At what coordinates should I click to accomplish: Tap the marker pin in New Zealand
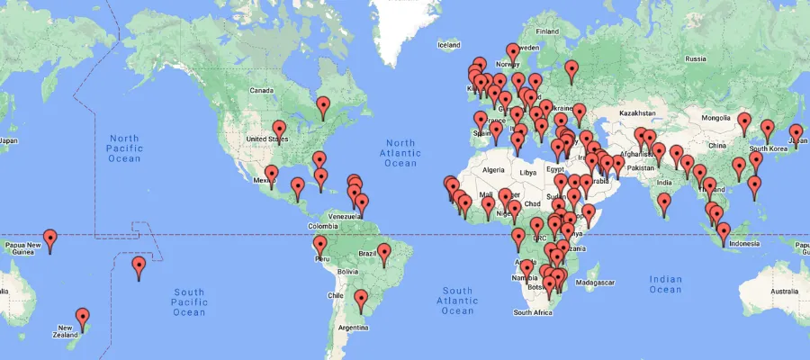(x=83, y=318)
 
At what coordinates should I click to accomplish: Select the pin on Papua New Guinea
(x=50, y=239)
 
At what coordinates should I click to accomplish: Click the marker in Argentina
(x=362, y=299)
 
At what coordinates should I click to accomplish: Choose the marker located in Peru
(x=319, y=246)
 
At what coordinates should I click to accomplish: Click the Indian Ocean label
(x=665, y=284)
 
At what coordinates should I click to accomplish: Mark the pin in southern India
(x=665, y=204)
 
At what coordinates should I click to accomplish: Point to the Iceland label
(x=448, y=45)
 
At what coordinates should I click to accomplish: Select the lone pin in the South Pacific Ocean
(x=139, y=266)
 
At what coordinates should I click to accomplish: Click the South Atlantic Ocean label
(x=457, y=301)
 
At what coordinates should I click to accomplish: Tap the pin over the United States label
(x=279, y=130)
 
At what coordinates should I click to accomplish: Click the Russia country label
(x=696, y=58)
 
